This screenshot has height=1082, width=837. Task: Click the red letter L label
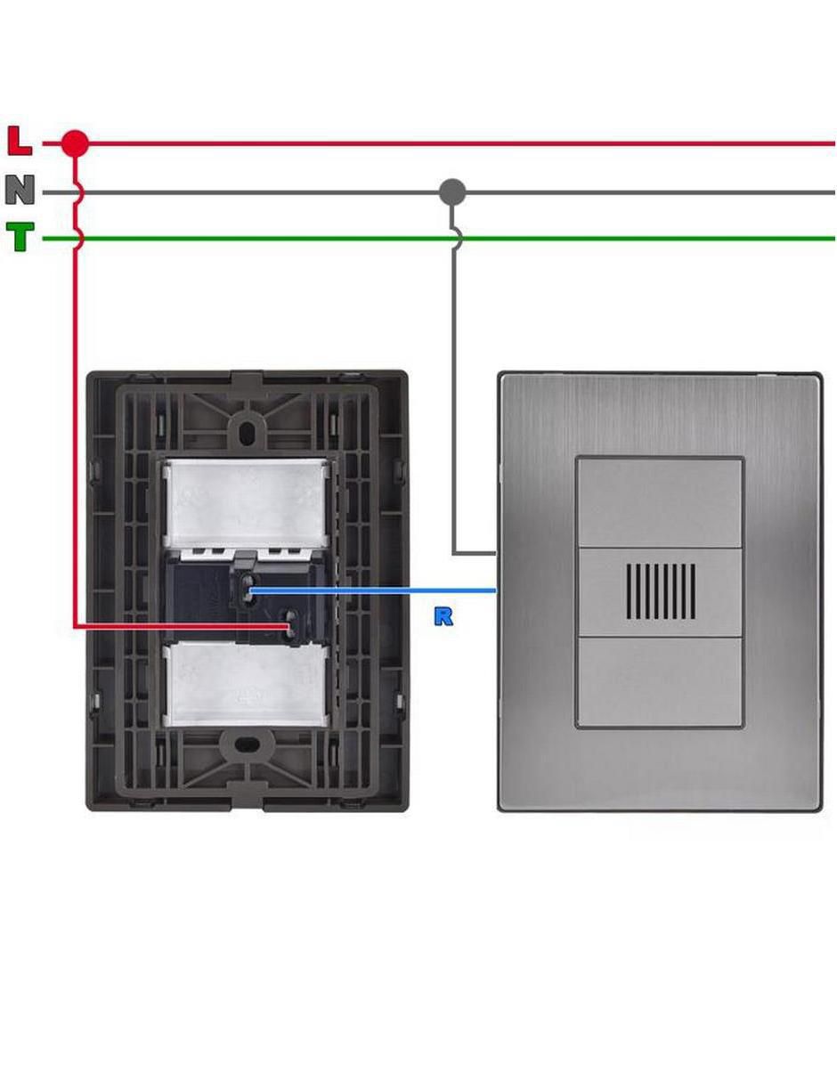tap(20, 142)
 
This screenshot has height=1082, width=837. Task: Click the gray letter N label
tap(20, 191)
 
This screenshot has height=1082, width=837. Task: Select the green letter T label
tap(20, 237)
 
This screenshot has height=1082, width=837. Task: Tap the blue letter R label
tap(443, 616)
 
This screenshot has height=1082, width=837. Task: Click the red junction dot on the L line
tap(75, 144)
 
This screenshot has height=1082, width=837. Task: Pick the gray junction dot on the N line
tap(452, 192)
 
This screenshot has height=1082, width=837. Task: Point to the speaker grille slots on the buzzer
tap(661, 591)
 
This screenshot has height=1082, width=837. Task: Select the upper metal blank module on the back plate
tap(246, 502)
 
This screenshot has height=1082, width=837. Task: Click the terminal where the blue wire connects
tap(248, 590)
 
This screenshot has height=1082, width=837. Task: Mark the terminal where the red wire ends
tap(288, 626)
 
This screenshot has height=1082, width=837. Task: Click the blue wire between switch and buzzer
tap(373, 591)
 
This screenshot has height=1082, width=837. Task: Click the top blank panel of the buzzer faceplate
tap(659, 502)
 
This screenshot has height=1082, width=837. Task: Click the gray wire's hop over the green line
tap(457, 238)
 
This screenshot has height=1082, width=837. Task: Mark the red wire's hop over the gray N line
tap(77, 192)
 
